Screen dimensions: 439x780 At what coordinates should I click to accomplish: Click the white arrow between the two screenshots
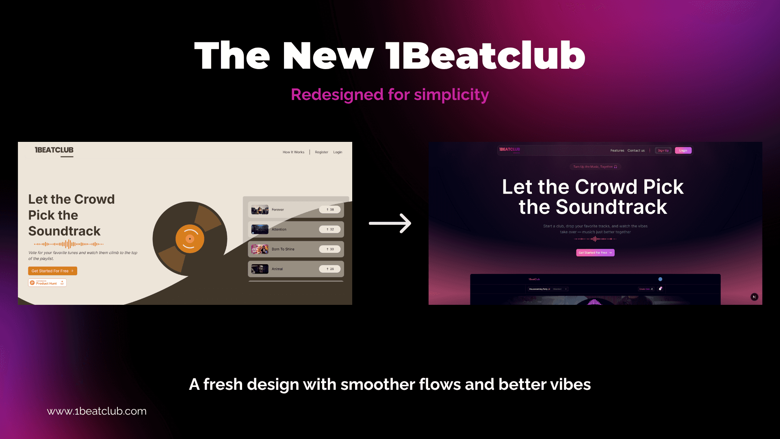pyautogui.click(x=390, y=223)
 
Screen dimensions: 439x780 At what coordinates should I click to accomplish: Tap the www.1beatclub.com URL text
pyautogui.click(x=97, y=411)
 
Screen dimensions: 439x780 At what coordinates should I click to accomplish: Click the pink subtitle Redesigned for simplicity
pyautogui.click(x=390, y=94)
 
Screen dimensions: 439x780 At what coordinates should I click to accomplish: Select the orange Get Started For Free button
pyautogui.click(x=52, y=271)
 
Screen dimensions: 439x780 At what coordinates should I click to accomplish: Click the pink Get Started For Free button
pyautogui.click(x=595, y=252)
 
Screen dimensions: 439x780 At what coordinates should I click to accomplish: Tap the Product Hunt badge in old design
pyautogui.click(x=47, y=283)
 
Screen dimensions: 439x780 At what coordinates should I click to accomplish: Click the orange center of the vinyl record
pyautogui.click(x=190, y=239)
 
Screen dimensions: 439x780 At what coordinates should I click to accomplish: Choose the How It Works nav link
pyautogui.click(x=293, y=152)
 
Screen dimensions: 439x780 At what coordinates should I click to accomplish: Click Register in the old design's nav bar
pyautogui.click(x=321, y=152)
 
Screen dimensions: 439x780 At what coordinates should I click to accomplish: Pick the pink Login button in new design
pyautogui.click(x=683, y=150)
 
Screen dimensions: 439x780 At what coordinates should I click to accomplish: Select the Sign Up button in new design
pyautogui.click(x=663, y=150)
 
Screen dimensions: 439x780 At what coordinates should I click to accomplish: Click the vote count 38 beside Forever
pyautogui.click(x=330, y=210)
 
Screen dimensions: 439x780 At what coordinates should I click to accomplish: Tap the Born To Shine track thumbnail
pyautogui.click(x=260, y=249)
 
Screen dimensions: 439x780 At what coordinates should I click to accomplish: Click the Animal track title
pyautogui.click(x=277, y=269)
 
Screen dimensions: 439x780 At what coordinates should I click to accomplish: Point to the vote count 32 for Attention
pyautogui.click(x=330, y=229)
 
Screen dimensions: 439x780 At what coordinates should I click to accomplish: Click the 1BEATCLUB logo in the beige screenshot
pyautogui.click(x=54, y=150)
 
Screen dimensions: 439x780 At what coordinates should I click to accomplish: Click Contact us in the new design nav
pyautogui.click(x=636, y=150)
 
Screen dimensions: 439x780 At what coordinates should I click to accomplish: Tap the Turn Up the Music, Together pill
pyautogui.click(x=595, y=167)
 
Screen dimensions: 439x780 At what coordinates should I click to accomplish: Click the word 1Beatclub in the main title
pyautogui.click(x=485, y=56)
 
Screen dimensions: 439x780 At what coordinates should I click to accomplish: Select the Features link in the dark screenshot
pyautogui.click(x=617, y=150)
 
